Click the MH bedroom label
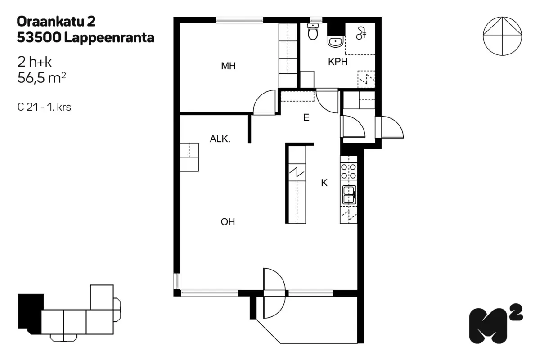[x=228, y=66]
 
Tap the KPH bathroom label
[x=337, y=62]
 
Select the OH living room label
[x=228, y=222]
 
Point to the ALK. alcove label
[x=220, y=139]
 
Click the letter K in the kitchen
[x=324, y=183]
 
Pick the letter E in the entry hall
[x=306, y=118]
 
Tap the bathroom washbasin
[x=335, y=42]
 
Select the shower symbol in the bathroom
[x=361, y=32]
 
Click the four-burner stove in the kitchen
[x=349, y=171]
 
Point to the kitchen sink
[x=349, y=194]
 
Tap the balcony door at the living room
[x=274, y=292]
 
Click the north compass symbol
[x=503, y=36]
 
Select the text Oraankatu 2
[x=56, y=21]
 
